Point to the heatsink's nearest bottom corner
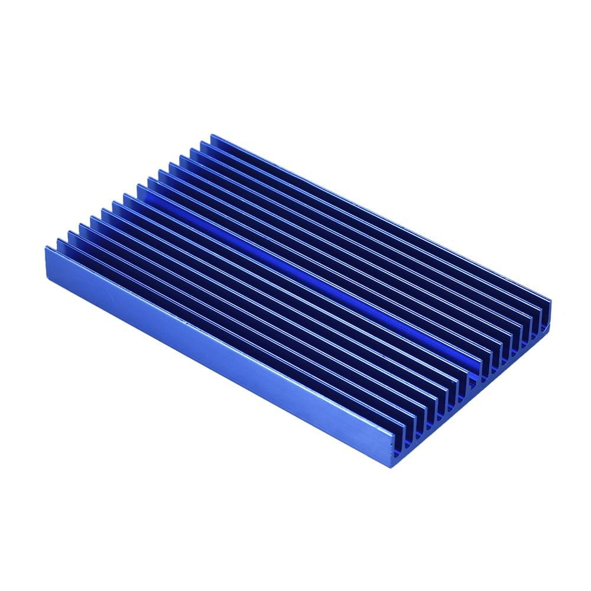[392, 466]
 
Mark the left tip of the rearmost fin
[212, 137]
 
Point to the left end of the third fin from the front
[70, 233]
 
